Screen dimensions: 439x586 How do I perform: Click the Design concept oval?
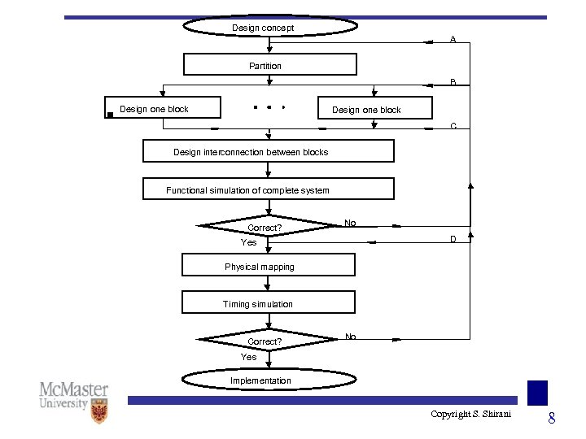pos(269,27)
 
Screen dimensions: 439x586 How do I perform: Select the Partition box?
pos(269,65)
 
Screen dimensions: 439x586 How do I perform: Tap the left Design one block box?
pos(153,108)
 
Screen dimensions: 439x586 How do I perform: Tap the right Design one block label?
pos(366,110)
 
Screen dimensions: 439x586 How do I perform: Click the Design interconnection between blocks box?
pos(268,152)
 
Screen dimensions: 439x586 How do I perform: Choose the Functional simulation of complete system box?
pos(268,189)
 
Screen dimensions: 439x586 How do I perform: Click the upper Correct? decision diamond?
pos(264,228)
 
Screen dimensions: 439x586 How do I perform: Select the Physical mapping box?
pos(268,266)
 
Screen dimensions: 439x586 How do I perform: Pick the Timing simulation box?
pos(268,303)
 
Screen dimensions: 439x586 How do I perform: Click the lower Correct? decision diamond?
pos(264,341)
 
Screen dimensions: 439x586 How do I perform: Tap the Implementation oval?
pos(268,380)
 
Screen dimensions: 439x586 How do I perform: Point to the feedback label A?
pos(453,39)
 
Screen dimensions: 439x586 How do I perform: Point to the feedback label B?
pos(453,81)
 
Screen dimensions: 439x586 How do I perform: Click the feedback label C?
pos(453,126)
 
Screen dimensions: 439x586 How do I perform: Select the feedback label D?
pos(453,239)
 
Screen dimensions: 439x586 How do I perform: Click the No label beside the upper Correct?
pos(350,223)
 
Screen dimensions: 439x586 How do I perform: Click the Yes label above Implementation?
pos(248,357)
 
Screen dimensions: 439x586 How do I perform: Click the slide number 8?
pos(551,419)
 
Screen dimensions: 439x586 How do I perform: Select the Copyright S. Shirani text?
pos(471,415)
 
